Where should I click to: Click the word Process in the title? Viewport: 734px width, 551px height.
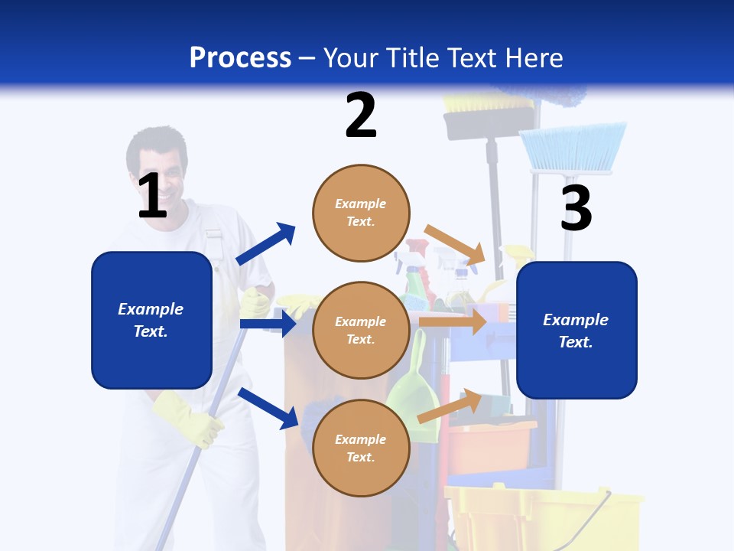coord(240,57)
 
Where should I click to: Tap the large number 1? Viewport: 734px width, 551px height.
coord(152,196)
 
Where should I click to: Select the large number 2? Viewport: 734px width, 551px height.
coord(361,115)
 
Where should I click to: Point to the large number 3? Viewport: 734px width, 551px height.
coord(576,208)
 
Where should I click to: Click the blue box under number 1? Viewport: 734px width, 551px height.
coord(151,320)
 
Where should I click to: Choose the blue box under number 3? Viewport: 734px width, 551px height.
coord(576,330)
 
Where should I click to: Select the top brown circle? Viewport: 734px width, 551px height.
coord(361,213)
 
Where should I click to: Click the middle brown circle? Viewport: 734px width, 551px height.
coord(361,330)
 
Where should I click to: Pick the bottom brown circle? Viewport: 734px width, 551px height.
coord(361,448)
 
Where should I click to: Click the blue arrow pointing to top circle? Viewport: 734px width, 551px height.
coord(266,244)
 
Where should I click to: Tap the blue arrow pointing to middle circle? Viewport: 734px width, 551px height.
coord(268,324)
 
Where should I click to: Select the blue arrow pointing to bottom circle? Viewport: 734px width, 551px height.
coord(268,408)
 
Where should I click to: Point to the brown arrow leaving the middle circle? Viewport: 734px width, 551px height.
coord(453,321)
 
